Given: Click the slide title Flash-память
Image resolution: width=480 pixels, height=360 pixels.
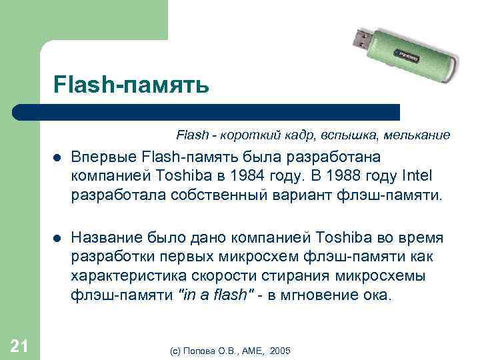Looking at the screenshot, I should pos(132,85).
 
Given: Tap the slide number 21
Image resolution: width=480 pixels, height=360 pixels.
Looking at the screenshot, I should pos(19,344).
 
